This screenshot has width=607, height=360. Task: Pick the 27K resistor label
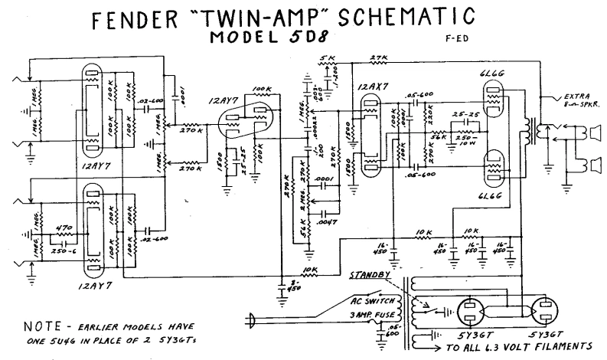coord(375,58)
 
